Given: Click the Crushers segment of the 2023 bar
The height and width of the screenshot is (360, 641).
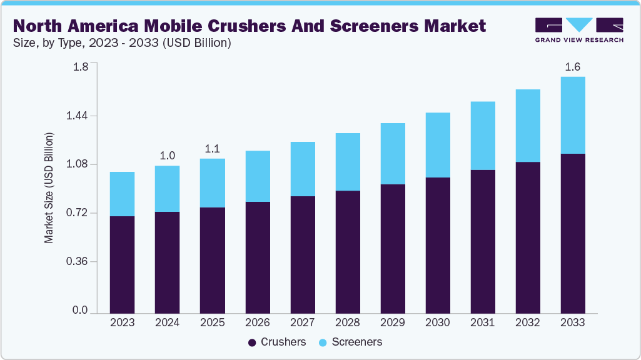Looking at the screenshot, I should tap(122, 264).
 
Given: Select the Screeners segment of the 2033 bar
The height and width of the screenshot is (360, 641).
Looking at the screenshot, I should tap(573, 115).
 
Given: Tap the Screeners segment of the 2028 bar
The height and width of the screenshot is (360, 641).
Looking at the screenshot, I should tap(348, 162).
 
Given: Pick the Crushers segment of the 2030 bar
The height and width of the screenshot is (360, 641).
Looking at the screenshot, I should tap(438, 245).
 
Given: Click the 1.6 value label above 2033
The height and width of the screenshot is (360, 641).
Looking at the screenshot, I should tap(573, 66).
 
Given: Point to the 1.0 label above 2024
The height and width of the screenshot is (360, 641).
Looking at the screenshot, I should tap(167, 155).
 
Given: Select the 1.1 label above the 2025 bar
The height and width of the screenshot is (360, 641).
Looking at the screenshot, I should tap(212, 148).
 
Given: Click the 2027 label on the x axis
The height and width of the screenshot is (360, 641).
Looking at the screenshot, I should tap(302, 322).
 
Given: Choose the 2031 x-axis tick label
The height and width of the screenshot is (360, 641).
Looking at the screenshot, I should tap(482, 322).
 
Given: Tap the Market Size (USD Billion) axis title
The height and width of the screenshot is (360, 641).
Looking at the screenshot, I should tap(49, 187).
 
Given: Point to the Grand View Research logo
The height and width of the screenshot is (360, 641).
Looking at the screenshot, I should tap(578, 29).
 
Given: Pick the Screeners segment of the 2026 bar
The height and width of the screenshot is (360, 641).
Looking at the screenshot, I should tap(258, 176).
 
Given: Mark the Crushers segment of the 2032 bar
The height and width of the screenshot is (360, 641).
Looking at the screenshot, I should tap(528, 237).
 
